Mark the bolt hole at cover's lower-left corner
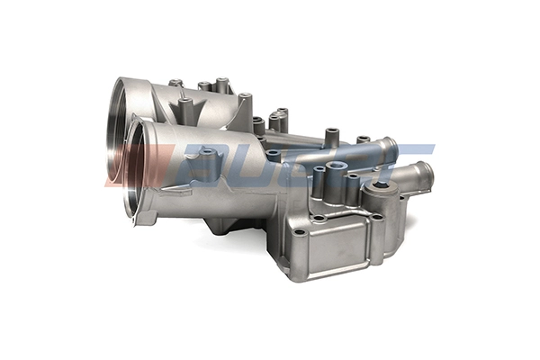[299, 231]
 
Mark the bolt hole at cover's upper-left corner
[318, 218]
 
